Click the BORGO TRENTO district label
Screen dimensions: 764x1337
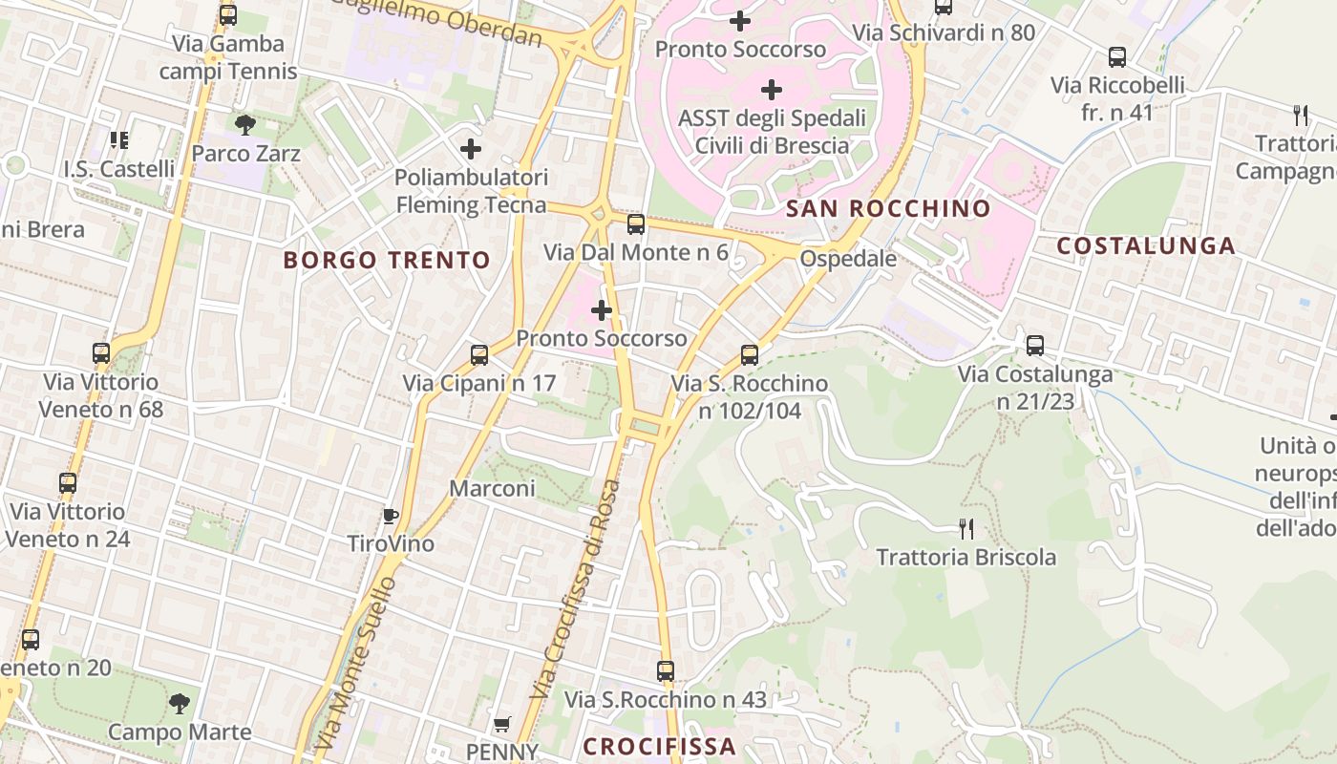click(387, 260)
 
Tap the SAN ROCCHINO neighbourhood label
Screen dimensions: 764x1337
click(888, 208)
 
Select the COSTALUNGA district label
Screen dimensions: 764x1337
click(1146, 245)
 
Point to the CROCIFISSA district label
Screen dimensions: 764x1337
click(659, 746)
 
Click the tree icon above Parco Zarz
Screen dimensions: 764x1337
click(245, 124)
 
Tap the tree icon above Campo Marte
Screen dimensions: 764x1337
click(179, 705)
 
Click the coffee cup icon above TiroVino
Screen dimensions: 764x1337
click(390, 516)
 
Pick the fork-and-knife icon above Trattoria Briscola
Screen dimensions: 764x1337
click(966, 528)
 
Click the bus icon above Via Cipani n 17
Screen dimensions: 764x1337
click(479, 355)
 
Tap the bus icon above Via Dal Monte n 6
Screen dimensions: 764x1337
click(636, 224)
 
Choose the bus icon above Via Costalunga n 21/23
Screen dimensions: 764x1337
click(1035, 346)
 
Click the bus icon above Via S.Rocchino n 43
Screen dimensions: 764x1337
click(666, 671)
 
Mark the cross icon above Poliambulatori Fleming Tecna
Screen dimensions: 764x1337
click(471, 149)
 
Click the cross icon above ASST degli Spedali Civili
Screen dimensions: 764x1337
click(772, 90)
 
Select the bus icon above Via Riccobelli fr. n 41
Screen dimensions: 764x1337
click(1117, 57)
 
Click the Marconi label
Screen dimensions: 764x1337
click(492, 488)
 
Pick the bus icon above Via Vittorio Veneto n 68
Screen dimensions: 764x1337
click(101, 353)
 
